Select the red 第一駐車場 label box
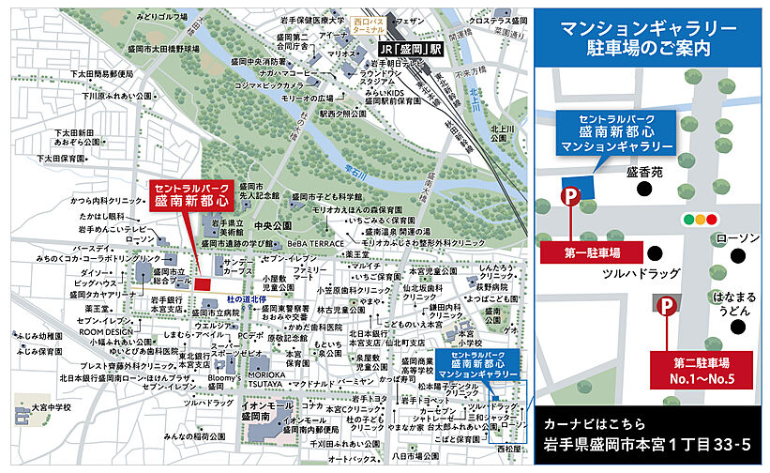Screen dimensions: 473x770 [592, 252]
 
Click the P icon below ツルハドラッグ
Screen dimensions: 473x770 [664, 306]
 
